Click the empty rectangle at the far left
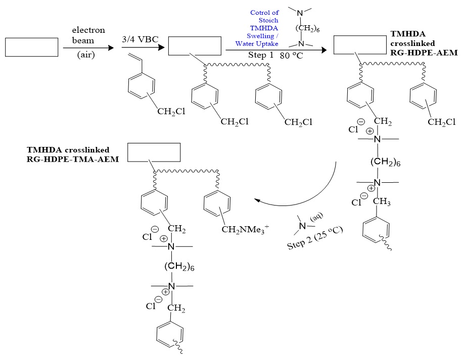pyautogui.click(x=31, y=47)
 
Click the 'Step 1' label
pyautogui.click(x=261, y=55)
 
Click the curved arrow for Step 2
pyautogui.click(x=303, y=192)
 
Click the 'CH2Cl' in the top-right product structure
pyautogui.click(x=441, y=122)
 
